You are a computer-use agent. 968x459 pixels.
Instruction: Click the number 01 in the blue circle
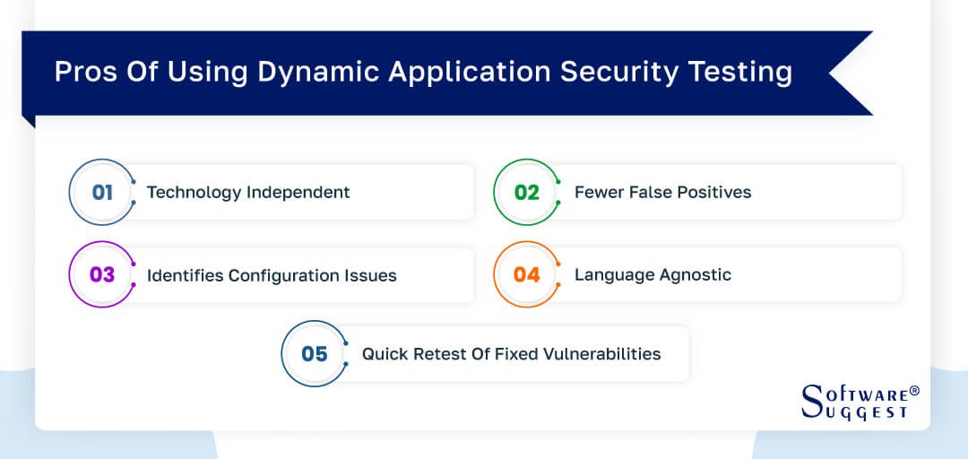(102, 192)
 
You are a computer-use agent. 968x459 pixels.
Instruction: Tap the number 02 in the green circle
(526, 192)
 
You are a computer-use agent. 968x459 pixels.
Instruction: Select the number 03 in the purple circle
(102, 274)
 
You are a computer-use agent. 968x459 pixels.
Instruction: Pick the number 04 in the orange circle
(526, 274)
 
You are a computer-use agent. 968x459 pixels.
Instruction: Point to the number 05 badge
(315, 353)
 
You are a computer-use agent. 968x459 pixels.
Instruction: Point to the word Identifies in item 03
(185, 275)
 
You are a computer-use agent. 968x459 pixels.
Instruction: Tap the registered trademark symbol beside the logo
(914, 392)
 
